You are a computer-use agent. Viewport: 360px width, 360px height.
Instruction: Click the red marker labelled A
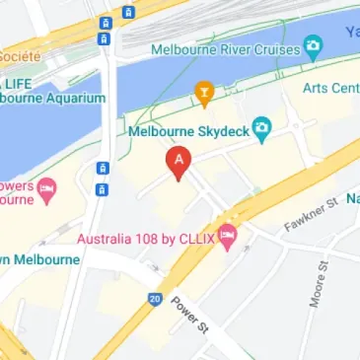(178, 161)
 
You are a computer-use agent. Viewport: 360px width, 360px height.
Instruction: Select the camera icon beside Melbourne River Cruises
(313, 46)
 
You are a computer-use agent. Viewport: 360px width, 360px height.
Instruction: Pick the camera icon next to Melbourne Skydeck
(261, 126)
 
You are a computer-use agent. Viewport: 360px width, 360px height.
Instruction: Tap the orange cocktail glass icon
(204, 94)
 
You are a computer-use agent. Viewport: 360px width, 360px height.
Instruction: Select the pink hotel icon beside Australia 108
(229, 236)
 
